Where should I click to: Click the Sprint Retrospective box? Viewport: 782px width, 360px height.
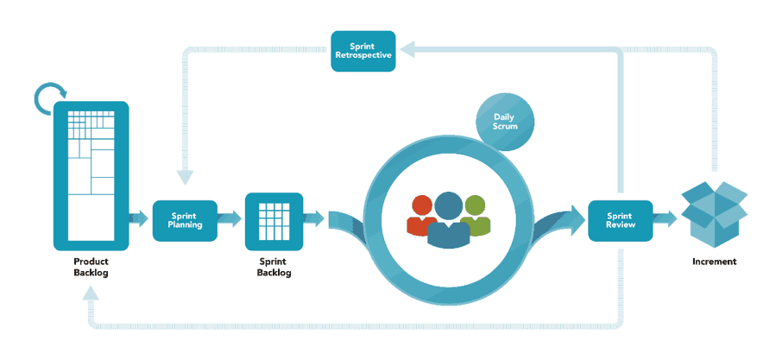(x=363, y=53)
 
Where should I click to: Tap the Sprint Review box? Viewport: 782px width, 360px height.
(x=620, y=219)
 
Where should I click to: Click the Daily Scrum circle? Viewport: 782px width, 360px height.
(x=505, y=122)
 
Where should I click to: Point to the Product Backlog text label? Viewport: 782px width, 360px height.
(x=91, y=267)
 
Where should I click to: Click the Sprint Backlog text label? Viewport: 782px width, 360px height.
(x=274, y=267)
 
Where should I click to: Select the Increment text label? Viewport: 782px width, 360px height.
(x=714, y=262)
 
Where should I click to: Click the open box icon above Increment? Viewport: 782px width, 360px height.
(x=714, y=215)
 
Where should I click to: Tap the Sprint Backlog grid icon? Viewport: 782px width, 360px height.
(x=274, y=219)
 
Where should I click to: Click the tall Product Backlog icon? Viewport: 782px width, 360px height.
(x=91, y=174)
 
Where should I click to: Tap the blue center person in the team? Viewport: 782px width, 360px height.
(x=448, y=220)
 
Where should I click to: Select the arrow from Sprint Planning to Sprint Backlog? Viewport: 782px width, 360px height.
(x=230, y=219)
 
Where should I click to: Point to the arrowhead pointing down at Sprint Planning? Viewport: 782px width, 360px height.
(x=184, y=177)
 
